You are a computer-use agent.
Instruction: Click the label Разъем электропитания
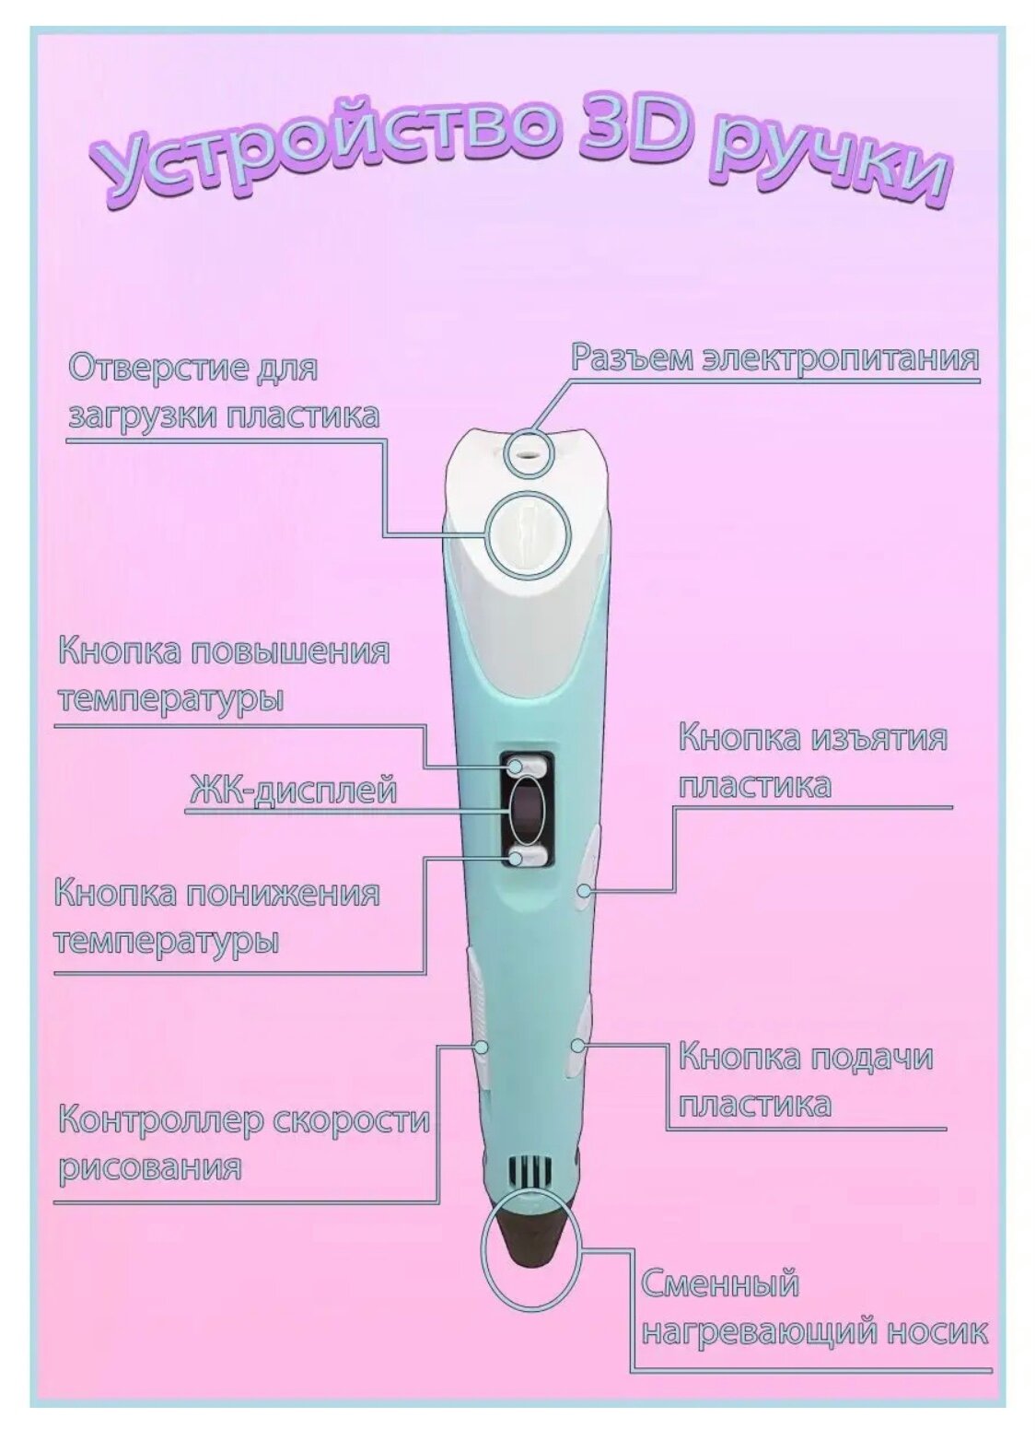pos(774,357)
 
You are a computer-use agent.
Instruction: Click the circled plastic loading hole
pos(529,534)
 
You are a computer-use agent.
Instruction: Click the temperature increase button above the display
pos(525,765)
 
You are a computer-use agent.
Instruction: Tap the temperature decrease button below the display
pos(526,859)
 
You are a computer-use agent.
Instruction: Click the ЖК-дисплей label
pos(293,791)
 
